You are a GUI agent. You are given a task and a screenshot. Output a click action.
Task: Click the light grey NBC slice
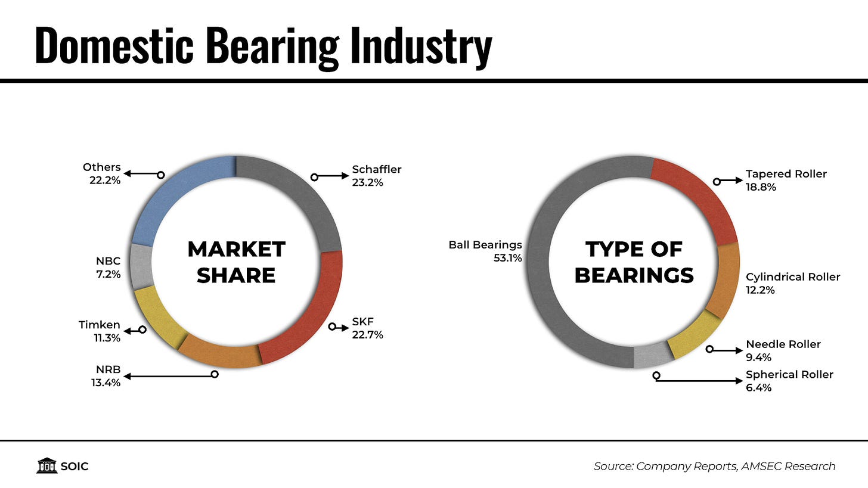141,266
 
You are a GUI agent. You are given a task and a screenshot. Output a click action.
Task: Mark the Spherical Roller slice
653,356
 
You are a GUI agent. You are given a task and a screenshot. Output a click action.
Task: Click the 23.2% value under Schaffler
367,183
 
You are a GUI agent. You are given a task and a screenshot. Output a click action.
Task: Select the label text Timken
100,325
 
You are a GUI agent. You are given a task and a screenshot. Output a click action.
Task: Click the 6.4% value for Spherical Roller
758,388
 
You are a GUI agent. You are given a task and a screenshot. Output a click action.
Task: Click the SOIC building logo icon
46,466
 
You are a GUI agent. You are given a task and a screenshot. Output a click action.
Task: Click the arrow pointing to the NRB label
167,376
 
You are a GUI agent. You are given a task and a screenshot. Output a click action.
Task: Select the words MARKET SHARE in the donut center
236,262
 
